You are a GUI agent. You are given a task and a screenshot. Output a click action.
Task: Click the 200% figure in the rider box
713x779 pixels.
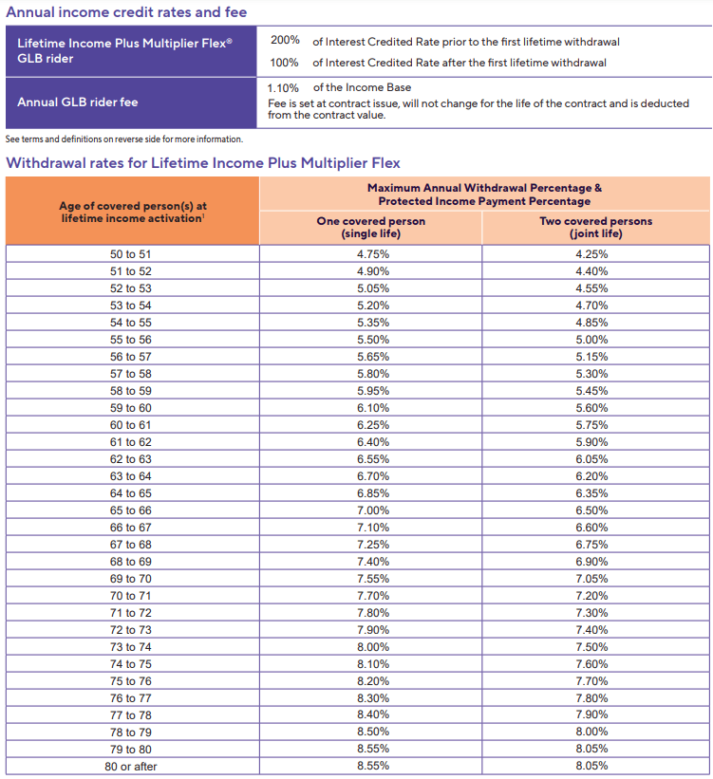[x=286, y=41]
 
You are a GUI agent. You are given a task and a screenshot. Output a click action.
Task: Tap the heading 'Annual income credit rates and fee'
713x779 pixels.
[x=126, y=12]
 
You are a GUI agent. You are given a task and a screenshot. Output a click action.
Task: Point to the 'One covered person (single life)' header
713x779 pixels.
[x=370, y=227]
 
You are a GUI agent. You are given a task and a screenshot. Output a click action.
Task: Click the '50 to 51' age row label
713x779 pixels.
[x=131, y=254]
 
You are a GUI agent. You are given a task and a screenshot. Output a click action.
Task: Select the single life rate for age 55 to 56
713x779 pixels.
[x=372, y=340]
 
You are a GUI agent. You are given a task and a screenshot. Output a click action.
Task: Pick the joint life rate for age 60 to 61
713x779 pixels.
[x=591, y=425]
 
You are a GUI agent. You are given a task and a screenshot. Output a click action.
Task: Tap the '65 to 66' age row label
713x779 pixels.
[x=131, y=510]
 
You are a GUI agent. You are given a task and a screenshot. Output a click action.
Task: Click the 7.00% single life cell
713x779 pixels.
[x=372, y=510]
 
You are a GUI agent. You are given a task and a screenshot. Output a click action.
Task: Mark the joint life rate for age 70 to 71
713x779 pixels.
[x=591, y=596]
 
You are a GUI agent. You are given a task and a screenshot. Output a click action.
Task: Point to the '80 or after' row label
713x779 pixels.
[x=131, y=766]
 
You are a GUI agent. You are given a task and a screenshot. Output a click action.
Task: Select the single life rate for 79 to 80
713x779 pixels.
[x=372, y=749]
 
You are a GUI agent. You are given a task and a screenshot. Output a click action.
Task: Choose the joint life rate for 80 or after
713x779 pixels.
[x=591, y=766]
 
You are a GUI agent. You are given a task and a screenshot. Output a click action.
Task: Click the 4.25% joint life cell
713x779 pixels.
[x=591, y=254]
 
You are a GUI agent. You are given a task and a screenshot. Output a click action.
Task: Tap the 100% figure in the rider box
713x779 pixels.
[x=286, y=63]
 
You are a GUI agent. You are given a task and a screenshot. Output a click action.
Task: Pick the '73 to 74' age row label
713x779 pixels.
[x=131, y=647]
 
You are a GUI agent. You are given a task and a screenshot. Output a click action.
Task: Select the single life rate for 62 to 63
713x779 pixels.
[x=372, y=459]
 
